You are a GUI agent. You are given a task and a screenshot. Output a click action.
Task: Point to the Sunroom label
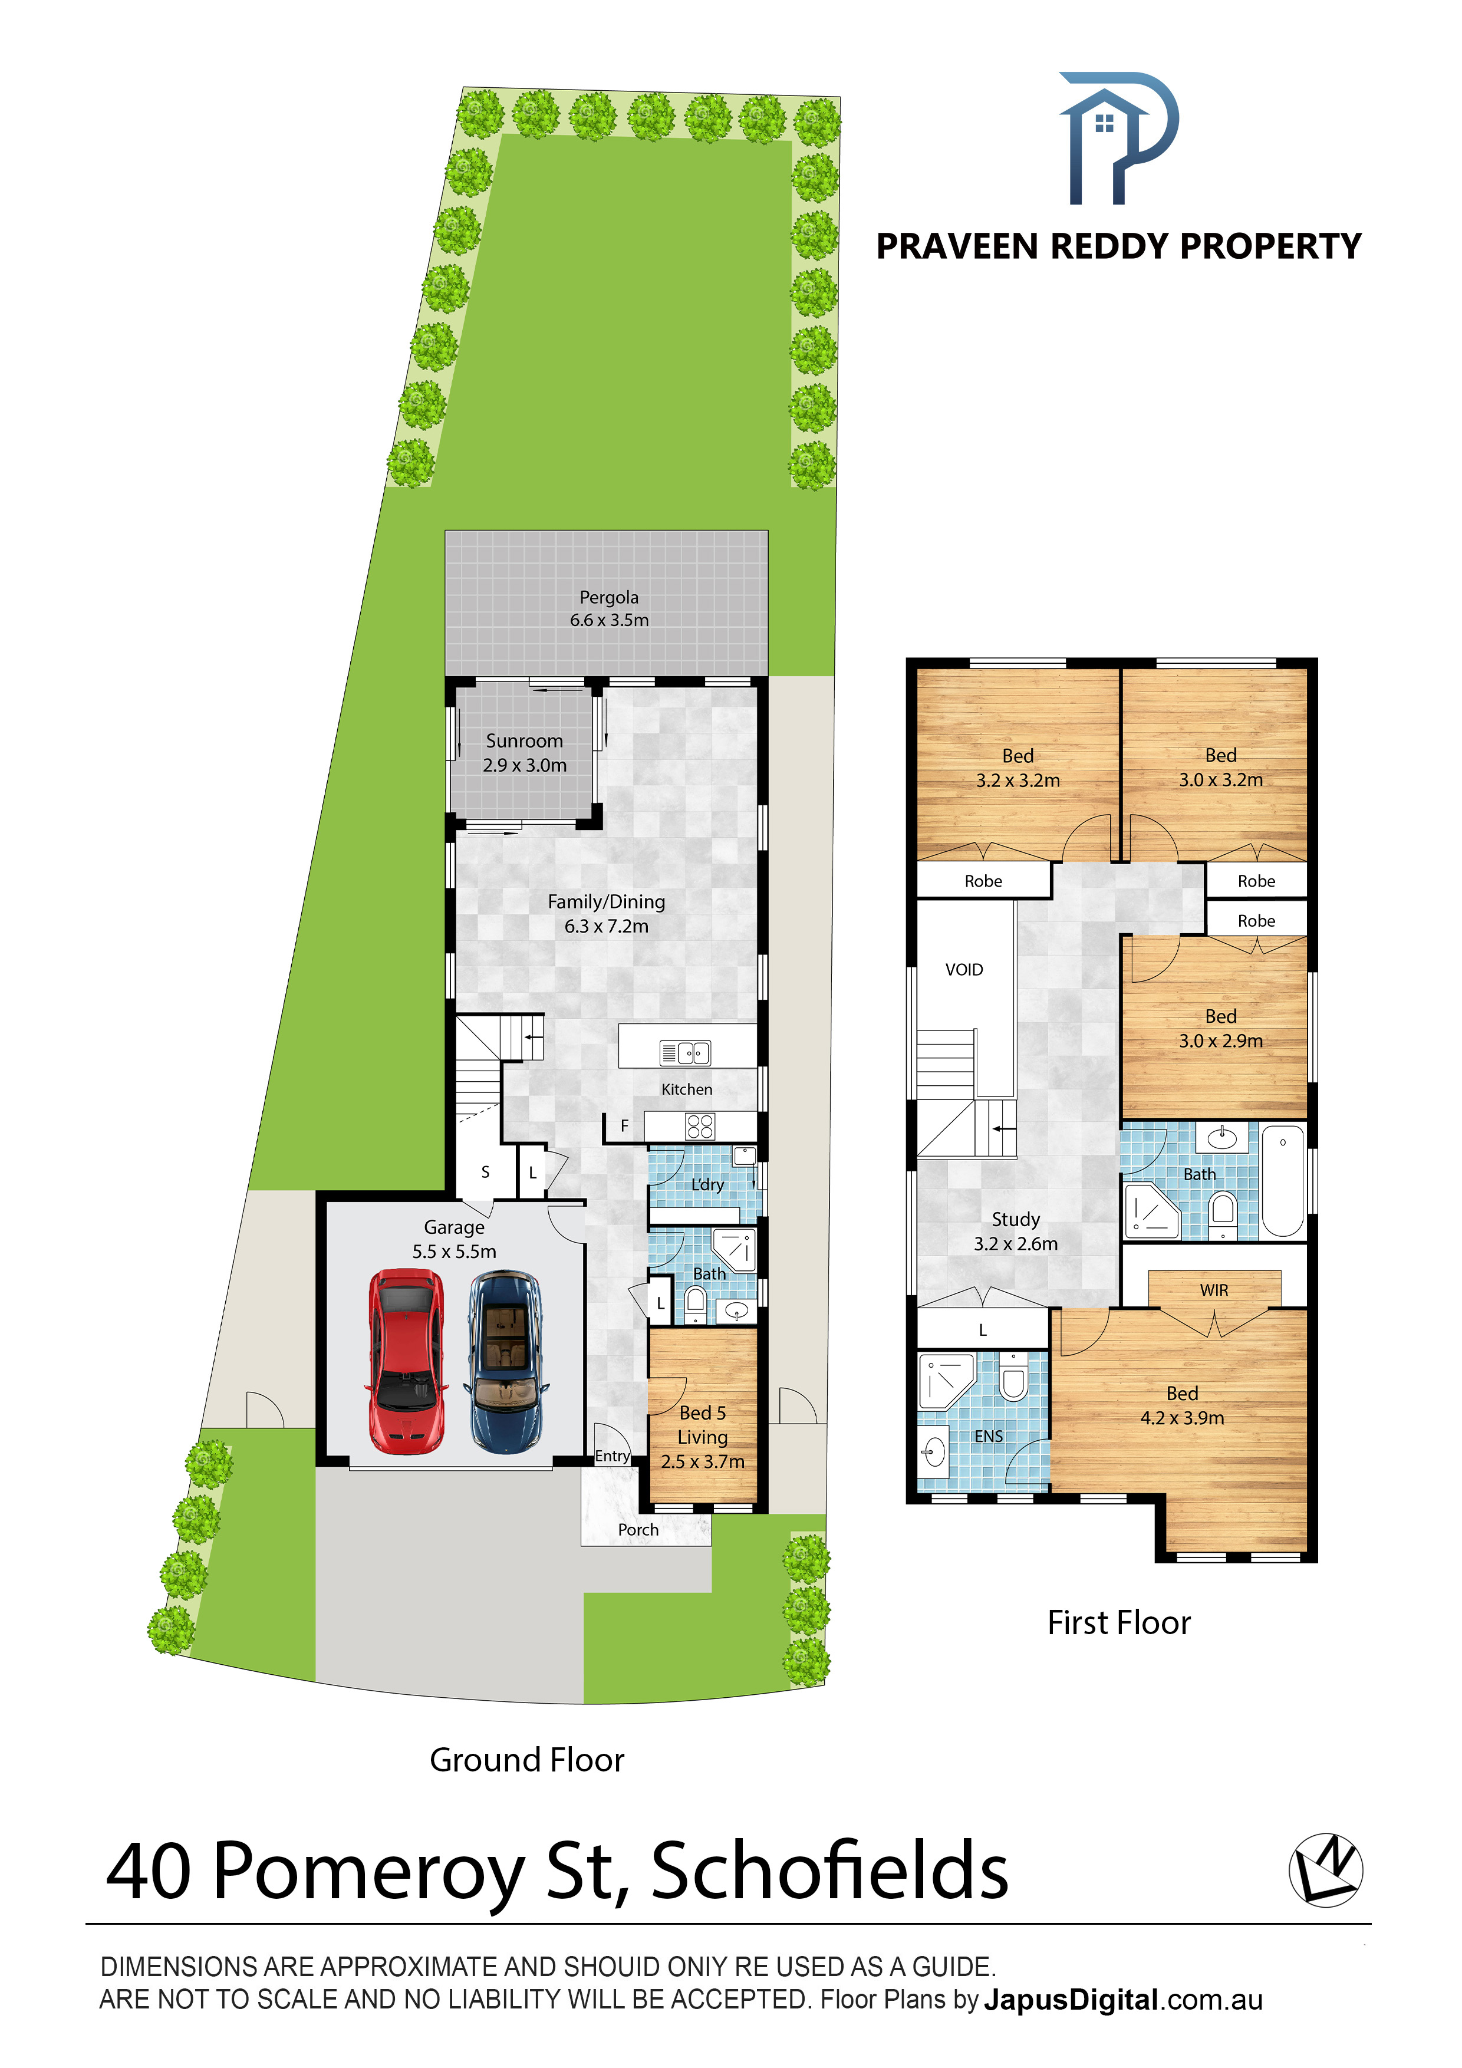pos(524,740)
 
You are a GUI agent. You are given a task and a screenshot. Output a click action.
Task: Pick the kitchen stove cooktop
pos(700,1126)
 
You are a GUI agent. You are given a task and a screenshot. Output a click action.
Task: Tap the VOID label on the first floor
pos(964,969)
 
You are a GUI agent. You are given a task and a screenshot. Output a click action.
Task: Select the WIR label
pos(1213,1290)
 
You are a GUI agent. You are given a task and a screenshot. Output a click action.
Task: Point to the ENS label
pos(988,1435)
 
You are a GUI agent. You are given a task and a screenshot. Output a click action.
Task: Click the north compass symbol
pos(1325,1870)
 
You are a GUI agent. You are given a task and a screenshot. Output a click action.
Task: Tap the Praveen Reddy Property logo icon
pos(1118,138)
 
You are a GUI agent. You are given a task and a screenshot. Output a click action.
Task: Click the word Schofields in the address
pos(829,1870)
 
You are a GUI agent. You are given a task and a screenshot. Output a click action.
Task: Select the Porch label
pos(638,1529)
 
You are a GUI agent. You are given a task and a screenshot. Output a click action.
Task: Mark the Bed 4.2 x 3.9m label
pos(1182,1405)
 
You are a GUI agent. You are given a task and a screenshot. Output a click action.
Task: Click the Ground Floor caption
pos(527,1759)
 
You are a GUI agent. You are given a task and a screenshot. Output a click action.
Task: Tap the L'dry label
pos(707,1184)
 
